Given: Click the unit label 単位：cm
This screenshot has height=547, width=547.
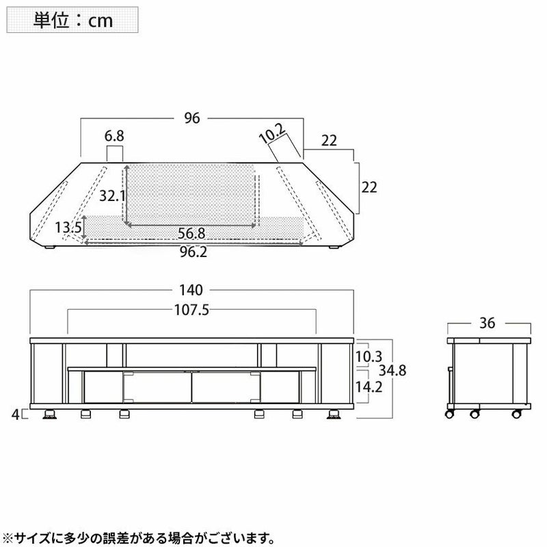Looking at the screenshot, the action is click(x=72, y=21).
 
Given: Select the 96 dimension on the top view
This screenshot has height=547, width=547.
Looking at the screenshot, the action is click(x=192, y=118).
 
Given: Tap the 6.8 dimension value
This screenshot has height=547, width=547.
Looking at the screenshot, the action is click(x=114, y=135).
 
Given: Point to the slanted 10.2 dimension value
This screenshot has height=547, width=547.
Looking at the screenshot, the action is click(x=272, y=133).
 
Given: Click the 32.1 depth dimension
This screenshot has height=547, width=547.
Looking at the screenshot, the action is click(x=112, y=196).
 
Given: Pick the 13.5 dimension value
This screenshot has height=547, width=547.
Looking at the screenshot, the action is click(x=68, y=228).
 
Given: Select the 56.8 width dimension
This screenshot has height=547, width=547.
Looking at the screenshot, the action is click(x=191, y=233).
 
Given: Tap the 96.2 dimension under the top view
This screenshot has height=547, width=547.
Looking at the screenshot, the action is click(x=194, y=252).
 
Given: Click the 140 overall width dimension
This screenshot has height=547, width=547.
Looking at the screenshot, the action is click(x=191, y=290).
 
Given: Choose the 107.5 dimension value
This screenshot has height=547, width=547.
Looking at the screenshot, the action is click(x=191, y=310).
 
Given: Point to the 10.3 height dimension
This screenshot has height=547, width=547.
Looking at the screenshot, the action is click(x=369, y=356).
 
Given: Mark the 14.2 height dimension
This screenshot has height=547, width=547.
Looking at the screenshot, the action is click(x=369, y=386).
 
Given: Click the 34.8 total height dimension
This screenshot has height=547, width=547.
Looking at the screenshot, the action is click(x=392, y=371).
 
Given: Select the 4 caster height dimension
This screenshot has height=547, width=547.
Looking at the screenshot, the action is click(x=15, y=415).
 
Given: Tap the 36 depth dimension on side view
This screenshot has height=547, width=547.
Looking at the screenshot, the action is click(x=487, y=323).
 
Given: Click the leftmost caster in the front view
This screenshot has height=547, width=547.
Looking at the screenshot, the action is click(x=50, y=414).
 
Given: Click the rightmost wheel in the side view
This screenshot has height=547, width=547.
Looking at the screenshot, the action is click(x=516, y=414).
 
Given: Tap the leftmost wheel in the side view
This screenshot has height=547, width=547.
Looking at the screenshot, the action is click(x=449, y=414).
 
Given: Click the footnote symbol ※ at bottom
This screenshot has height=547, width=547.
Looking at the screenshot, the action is click(x=7, y=537).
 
